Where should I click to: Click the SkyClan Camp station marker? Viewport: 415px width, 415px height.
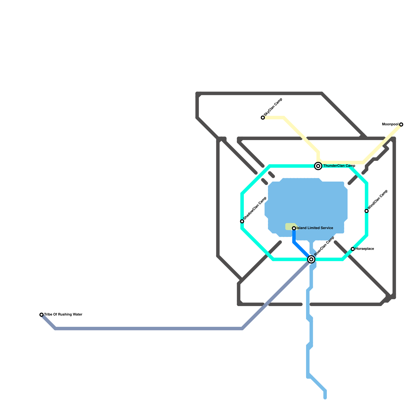click(x=263, y=118)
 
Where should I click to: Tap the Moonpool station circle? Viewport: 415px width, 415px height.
click(x=401, y=125)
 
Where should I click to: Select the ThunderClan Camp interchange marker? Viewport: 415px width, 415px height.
click(x=318, y=166)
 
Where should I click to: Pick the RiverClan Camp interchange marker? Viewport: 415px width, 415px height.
click(x=311, y=259)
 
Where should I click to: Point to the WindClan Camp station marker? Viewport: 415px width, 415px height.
click(x=366, y=211)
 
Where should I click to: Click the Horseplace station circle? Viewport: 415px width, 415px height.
click(x=353, y=249)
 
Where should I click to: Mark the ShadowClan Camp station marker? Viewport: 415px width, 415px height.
click(x=242, y=221)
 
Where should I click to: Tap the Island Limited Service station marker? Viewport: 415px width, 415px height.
click(x=294, y=228)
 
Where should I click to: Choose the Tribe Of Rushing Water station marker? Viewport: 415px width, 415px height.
click(x=41, y=315)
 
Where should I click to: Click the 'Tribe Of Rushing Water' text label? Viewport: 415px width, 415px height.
click(x=63, y=315)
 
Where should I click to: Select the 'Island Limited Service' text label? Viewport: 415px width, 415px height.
click(x=315, y=228)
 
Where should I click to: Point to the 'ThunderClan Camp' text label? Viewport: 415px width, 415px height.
click(x=339, y=166)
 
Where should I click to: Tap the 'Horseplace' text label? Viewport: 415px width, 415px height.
click(x=364, y=249)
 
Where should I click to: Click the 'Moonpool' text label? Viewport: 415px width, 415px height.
click(x=390, y=125)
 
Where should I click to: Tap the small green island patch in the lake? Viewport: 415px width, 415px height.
click(x=290, y=226)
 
